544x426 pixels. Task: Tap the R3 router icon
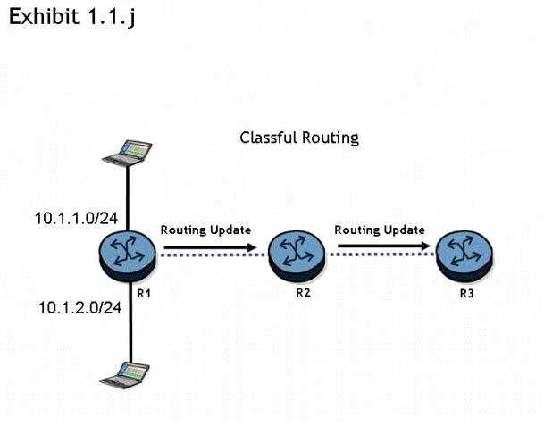pyautogui.click(x=462, y=253)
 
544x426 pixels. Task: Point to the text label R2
pyautogui.click(x=303, y=292)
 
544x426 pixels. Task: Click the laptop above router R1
pyautogui.click(x=124, y=153)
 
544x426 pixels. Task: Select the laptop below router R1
pyautogui.click(x=124, y=373)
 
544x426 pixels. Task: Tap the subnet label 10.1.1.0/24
pyautogui.click(x=70, y=217)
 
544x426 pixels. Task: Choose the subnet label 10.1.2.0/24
pyautogui.click(x=80, y=307)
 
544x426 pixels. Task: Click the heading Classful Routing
pyautogui.click(x=299, y=138)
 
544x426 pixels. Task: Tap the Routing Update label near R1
pyautogui.click(x=205, y=230)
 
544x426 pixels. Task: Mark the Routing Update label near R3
pyautogui.click(x=379, y=230)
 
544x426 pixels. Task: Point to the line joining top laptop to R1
pyautogui.click(x=128, y=196)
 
